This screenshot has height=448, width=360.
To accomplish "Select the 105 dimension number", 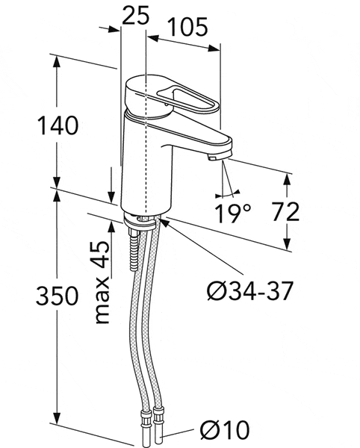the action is (187, 27).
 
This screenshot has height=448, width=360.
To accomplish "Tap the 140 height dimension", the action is (58, 125).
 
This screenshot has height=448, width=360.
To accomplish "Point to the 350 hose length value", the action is (57, 296).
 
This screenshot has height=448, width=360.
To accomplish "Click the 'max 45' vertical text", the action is (102, 282).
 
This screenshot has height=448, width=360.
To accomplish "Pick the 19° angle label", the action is (232, 213).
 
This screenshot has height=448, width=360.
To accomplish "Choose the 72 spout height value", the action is (285, 212).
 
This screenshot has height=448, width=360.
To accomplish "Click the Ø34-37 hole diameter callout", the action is (250, 291).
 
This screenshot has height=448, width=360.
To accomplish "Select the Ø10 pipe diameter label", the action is (225, 429).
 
